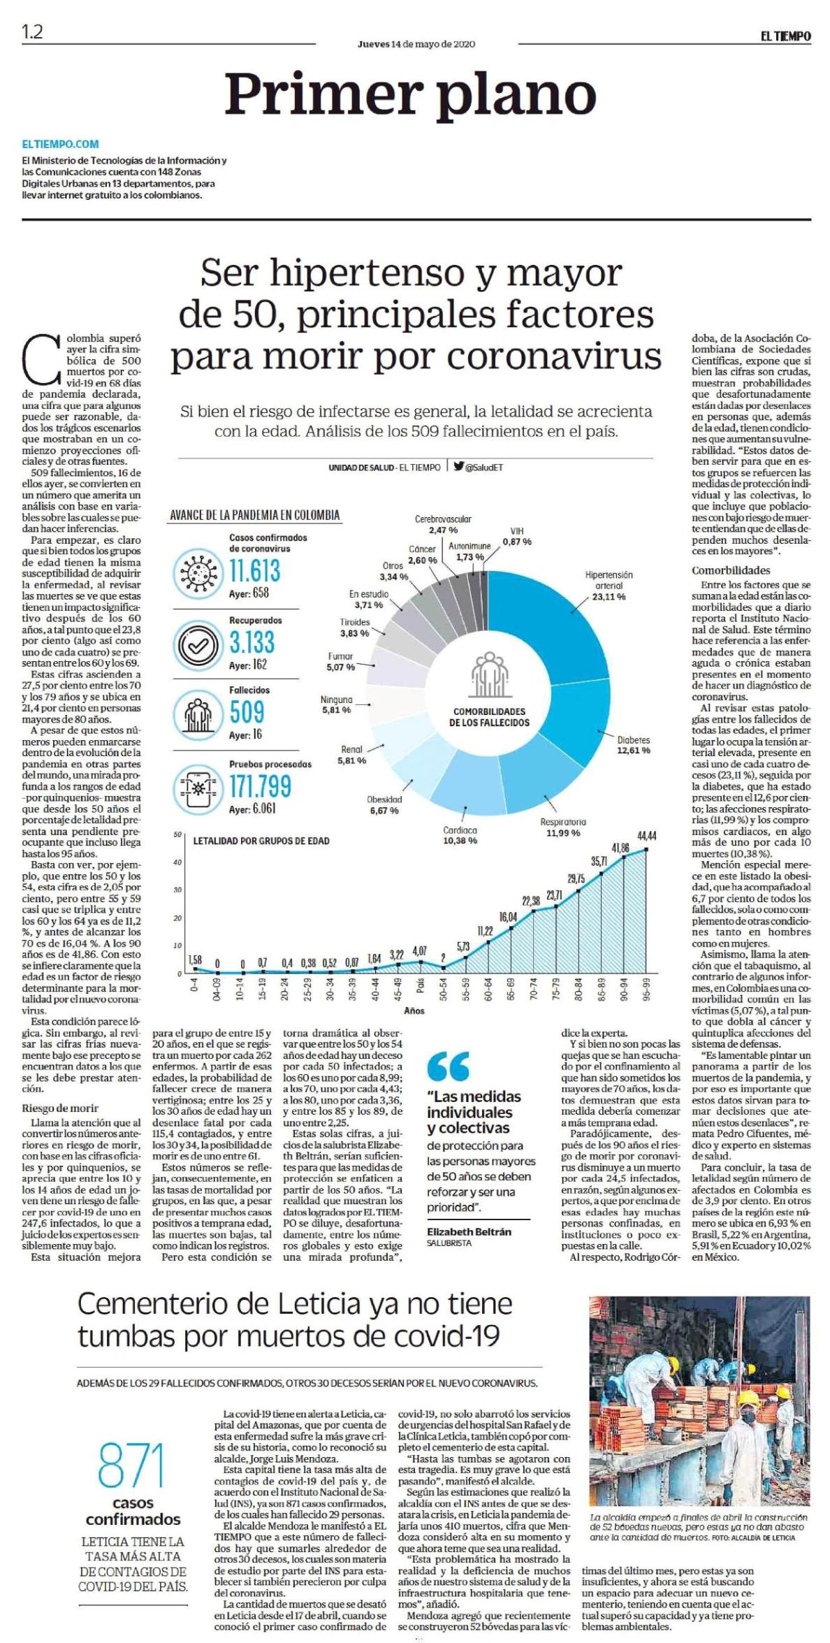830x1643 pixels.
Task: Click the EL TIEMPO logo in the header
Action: tap(785, 36)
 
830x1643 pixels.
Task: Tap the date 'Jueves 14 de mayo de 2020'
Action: tap(416, 44)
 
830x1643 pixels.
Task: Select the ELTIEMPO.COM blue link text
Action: tap(61, 144)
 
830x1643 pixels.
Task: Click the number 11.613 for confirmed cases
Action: tap(255, 570)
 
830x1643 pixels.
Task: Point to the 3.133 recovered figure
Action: tap(252, 642)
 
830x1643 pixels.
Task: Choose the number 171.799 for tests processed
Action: tap(261, 786)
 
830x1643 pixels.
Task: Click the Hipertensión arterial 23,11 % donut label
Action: tap(609, 586)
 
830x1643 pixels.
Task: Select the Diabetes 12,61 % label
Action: tap(633, 744)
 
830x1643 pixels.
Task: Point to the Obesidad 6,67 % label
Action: tap(384, 804)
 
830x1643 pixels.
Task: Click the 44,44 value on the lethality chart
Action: tap(646, 836)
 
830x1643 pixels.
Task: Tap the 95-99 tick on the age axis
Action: tap(647, 989)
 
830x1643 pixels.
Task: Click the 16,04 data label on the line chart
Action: tap(508, 916)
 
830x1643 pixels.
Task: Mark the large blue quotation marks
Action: tap(449, 1066)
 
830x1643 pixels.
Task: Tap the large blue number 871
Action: tap(131, 1463)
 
